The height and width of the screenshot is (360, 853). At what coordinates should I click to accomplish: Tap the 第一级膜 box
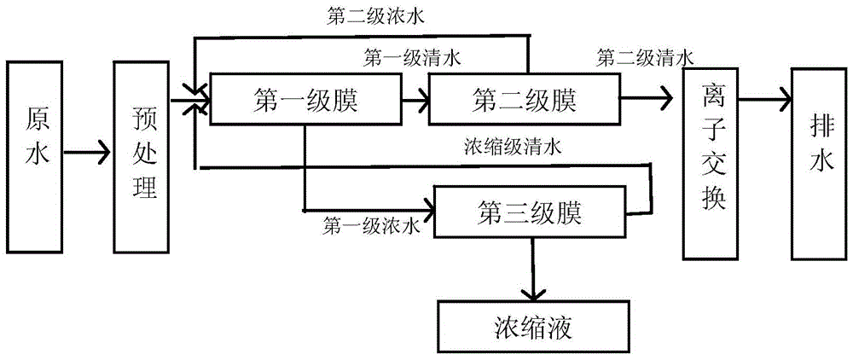pos(305,101)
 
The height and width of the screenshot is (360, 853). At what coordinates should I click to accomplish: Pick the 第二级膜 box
pos(524,101)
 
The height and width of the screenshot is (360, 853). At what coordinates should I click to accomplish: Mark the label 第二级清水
pos(644,58)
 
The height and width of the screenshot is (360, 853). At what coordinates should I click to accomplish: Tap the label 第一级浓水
pos(371,227)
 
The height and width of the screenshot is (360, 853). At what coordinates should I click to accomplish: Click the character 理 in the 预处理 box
pos(145,186)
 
